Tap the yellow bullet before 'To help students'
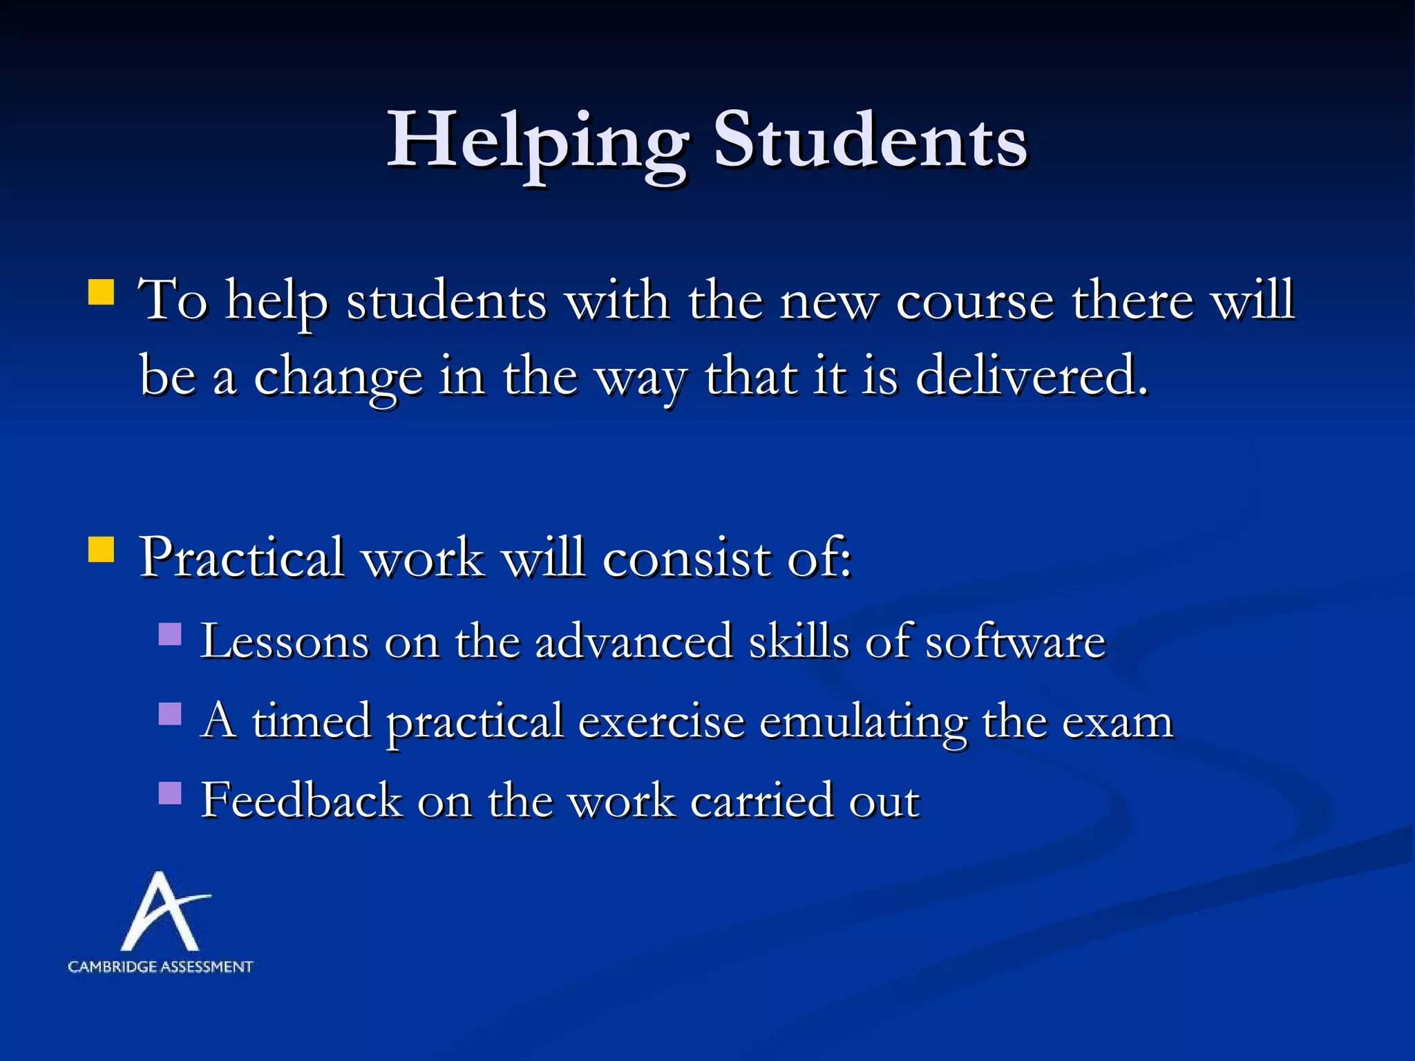101,292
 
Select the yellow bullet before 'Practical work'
101,550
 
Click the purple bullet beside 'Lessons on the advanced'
170,634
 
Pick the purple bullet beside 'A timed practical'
170,714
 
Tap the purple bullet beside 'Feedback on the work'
170,793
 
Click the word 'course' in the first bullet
975,301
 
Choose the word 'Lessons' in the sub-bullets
285,641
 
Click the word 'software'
1016,641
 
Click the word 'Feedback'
301,801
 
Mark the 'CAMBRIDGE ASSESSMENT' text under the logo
160,967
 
